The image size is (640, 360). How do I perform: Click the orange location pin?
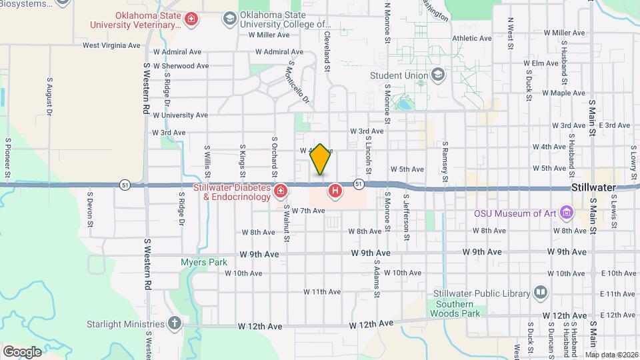coord(321,159)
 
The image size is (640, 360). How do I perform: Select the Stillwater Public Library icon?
coord(540,293)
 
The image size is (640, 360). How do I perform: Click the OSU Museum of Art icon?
coord(567,213)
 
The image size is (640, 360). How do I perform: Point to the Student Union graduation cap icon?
coord(437,75)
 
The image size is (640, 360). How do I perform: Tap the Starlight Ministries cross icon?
coord(175,324)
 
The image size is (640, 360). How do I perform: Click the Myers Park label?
coord(204,262)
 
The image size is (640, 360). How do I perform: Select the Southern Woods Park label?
coord(456,308)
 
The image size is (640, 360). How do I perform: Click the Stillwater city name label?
coord(593,188)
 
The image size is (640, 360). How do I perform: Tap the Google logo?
coord(22,351)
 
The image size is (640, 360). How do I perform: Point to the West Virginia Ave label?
coord(111,45)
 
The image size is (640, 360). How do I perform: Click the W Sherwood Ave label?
coord(181,66)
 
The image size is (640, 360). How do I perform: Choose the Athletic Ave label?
coord(471,39)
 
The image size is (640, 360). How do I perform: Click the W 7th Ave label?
coord(308,211)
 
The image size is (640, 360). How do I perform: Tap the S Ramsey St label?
coord(445,161)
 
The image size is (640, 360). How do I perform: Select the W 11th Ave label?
coord(322,291)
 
